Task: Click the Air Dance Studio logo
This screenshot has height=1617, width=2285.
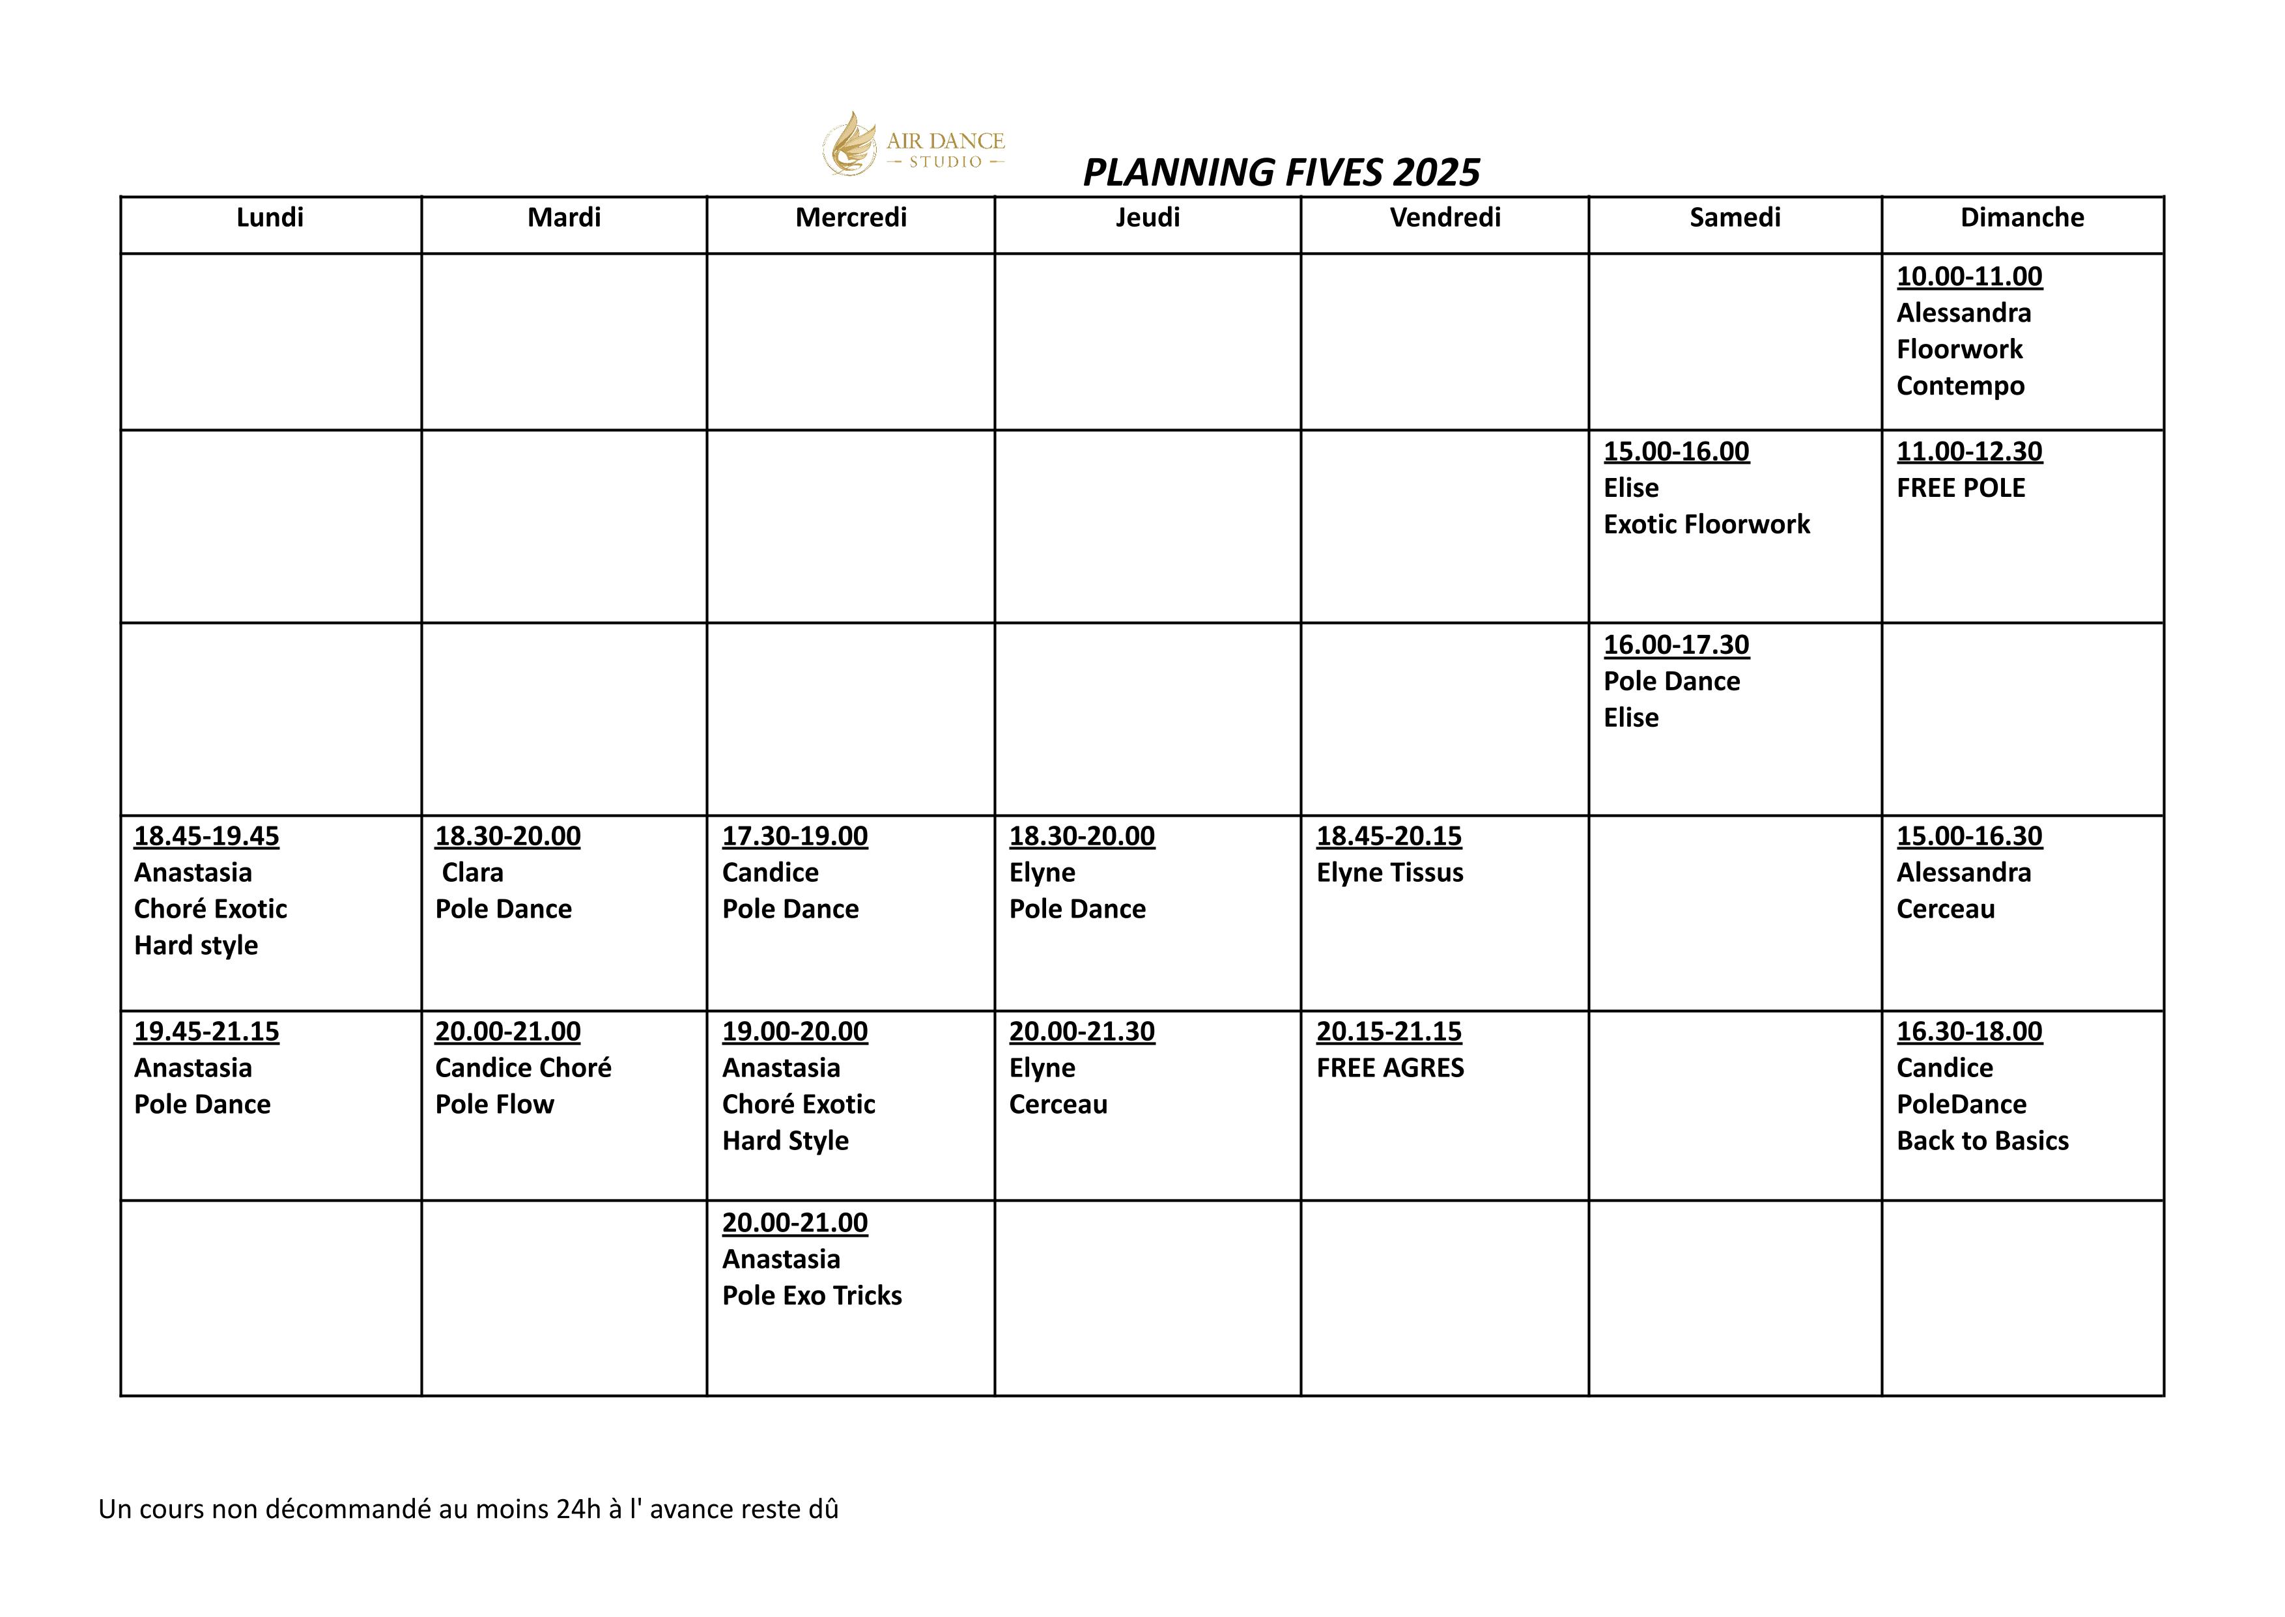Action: tap(913, 145)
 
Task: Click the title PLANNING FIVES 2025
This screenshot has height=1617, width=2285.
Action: tap(1281, 173)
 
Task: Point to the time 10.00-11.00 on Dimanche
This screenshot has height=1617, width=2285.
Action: tap(1968, 277)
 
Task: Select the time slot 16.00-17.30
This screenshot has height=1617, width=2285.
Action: tap(1676, 645)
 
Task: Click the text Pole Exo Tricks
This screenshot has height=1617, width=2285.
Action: tap(812, 1295)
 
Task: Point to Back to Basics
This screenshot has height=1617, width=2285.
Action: tap(1981, 1141)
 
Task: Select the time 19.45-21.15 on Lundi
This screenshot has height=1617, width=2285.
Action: tap(206, 1032)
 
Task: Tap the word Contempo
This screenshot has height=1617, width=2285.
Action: tap(1959, 386)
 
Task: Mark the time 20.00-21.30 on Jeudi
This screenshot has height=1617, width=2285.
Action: tap(1081, 1032)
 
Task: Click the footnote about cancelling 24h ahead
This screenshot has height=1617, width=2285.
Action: tap(468, 1510)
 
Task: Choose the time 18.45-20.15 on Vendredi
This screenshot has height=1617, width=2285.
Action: tap(1388, 836)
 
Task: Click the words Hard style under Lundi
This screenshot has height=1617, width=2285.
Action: tap(195, 946)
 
